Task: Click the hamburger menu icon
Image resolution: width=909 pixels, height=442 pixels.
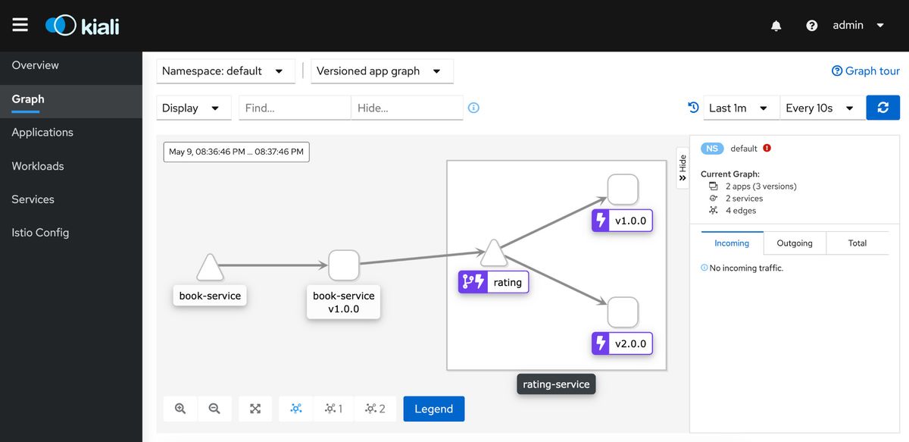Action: coord(20,25)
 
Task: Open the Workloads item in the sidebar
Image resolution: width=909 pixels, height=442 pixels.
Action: coord(38,166)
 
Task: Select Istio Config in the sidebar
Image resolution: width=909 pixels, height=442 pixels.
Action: coord(40,233)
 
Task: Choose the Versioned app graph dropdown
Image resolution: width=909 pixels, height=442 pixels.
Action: coord(382,71)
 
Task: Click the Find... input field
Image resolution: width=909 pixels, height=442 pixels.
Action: coord(295,108)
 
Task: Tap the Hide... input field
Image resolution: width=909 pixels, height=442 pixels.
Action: coord(407,108)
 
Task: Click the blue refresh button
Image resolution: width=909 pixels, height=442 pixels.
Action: coord(883,108)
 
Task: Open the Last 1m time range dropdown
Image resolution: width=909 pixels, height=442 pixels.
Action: coord(741,108)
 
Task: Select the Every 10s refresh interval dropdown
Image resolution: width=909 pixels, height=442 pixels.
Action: coord(823,108)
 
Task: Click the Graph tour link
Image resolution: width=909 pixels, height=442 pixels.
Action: coord(866,71)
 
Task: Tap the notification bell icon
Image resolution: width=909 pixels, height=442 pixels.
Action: coord(776,26)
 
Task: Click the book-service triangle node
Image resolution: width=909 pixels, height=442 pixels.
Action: coord(210,268)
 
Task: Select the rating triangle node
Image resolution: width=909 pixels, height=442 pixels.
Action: coord(493,254)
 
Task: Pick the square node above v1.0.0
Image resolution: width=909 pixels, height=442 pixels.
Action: coord(623,190)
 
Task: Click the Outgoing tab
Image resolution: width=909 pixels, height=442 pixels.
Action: coord(795,243)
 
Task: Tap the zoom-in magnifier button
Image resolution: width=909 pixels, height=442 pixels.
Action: coord(180,409)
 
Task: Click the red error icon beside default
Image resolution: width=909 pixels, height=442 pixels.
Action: coord(767,148)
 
